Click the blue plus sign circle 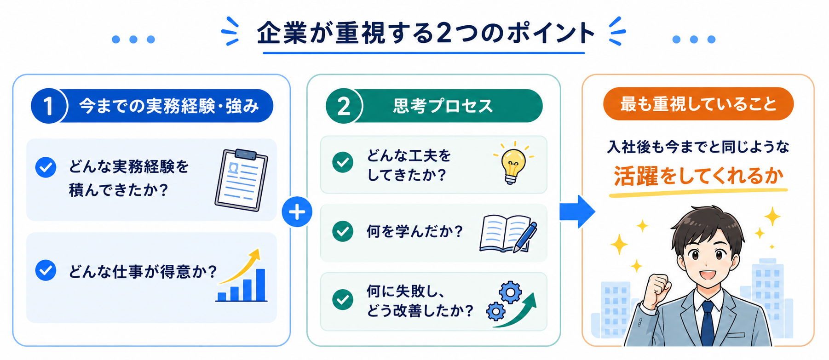(x=297, y=212)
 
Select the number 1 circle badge (x=49, y=106)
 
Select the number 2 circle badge (x=344, y=106)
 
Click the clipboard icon (x=242, y=179)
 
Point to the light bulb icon (x=513, y=163)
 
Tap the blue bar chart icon (x=242, y=275)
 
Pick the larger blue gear (x=511, y=292)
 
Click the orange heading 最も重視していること (x=698, y=104)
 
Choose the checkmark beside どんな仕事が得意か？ (x=46, y=270)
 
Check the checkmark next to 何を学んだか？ (x=343, y=231)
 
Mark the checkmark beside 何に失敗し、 (x=343, y=300)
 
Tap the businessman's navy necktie (x=707, y=324)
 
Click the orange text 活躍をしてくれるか (x=698, y=176)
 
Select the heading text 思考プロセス (x=443, y=106)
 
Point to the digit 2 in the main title (x=444, y=33)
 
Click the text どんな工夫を (x=409, y=156)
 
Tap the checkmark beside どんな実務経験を (x=46, y=167)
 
